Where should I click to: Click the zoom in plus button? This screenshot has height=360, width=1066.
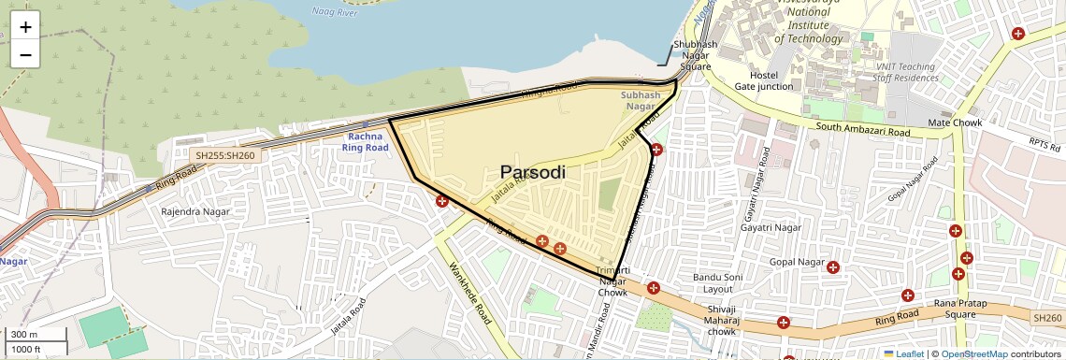click(25, 27)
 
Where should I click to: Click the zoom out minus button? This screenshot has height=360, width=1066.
click(25, 54)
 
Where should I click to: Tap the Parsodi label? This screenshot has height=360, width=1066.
click(533, 173)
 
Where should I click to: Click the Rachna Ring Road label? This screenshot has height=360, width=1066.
click(364, 141)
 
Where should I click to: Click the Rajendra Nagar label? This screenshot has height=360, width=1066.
click(195, 212)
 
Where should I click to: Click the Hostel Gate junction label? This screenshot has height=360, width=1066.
click(763, 80)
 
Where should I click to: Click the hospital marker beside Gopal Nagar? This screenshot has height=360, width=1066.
click(833, 267)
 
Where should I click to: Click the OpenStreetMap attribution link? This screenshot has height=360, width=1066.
click(973, 354)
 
